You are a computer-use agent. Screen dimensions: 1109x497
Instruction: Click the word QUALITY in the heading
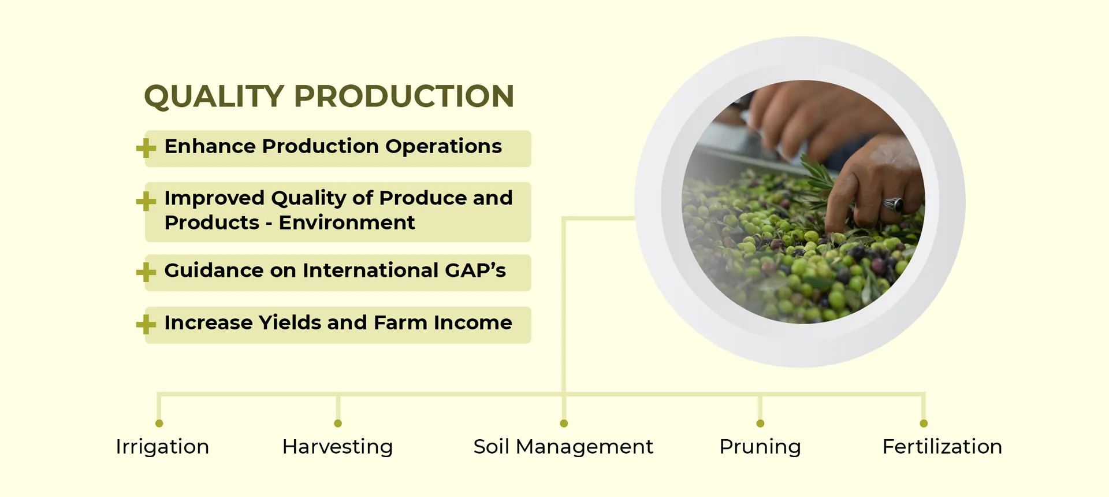(x=214, y=97)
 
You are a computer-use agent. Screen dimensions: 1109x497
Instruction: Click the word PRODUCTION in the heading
(x=404, y=96)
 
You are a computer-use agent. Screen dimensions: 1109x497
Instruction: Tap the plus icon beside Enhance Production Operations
(x=146, y=148)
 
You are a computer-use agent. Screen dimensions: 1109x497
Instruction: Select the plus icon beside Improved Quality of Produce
(x=146, y=201)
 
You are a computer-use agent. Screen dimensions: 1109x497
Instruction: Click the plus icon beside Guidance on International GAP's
(x=146, y=272)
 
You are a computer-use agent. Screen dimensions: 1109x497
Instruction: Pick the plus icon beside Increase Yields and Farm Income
(x=146, y=324)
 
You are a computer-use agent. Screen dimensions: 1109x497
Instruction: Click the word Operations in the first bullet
(x=444, y=147)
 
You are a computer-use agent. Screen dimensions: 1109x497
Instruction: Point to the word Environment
(x=347, y=222)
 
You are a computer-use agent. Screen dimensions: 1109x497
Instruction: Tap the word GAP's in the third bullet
(x=475, y=270)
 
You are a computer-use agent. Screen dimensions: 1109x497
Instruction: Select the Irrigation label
(x=162, y=447)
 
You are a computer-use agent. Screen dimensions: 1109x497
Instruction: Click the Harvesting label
(x=337, y=447)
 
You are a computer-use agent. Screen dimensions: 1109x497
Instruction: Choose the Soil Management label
(x=563, y=447)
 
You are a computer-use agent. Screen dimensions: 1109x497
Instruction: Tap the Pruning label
(x=760, y=447)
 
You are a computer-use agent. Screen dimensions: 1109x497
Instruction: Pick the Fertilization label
(x=942, y=447)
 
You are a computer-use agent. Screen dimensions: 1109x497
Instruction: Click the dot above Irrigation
(x=159, y=424)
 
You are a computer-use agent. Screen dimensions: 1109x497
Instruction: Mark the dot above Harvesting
(x=338, y=424)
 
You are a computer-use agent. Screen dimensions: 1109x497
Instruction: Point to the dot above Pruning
(x=760, y=424)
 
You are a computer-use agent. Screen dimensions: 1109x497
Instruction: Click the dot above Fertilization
(x=924, y=424)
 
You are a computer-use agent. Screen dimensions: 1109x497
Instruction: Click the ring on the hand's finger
(x=894, y=204)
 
